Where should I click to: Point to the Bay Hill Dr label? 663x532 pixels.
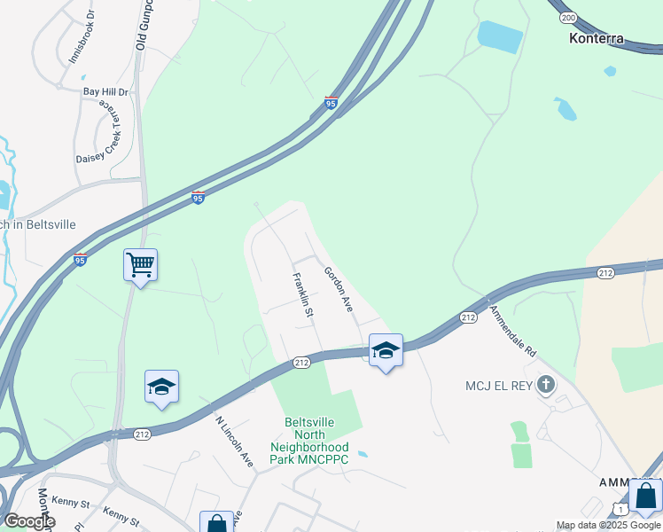click(x=105, y=91)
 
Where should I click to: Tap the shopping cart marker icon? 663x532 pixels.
click(x=140, y=264)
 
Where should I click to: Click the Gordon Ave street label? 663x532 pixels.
click(x=339, y=289)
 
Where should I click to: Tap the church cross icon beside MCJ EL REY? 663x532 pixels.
click(x=546, y=385)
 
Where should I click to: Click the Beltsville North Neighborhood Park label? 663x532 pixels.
click(x=309, y=441)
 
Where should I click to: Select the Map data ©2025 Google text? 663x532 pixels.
click(x=608, y=526)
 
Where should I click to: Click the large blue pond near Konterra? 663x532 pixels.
click(x=500, y=36)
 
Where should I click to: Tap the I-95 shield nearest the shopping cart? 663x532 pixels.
click(x=81, y=261)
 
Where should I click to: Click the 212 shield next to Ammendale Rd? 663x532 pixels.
click(x=469, y=317)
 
